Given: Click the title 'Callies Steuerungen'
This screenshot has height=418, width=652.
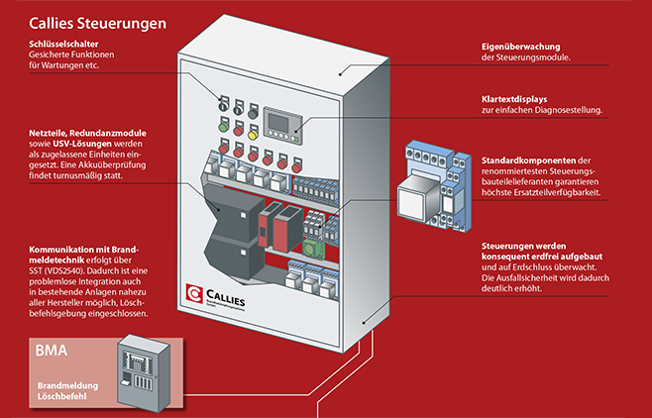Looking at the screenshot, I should (x=96, y=21).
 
